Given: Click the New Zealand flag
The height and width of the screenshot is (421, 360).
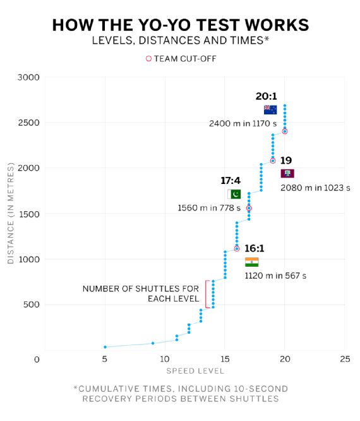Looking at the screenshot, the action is click(270, 110).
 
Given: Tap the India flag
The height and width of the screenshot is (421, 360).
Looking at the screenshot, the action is click(251, 262).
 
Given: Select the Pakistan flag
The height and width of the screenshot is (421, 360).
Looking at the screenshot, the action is click(234, 194).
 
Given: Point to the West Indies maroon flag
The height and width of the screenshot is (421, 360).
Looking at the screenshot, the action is click(287, 173).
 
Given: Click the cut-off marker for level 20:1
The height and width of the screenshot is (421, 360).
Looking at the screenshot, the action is click(285, 131).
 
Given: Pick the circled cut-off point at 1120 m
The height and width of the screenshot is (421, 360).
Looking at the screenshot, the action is click(237, 248).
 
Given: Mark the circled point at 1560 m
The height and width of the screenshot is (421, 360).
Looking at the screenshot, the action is click(249, 208).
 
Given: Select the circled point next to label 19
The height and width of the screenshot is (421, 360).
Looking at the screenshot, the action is click(273, 161).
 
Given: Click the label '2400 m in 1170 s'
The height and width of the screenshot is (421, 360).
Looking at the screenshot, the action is click(243, 123).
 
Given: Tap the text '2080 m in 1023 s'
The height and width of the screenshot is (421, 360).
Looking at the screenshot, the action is click(315, 188).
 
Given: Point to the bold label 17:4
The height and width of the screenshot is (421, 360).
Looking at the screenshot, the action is click(231, 180).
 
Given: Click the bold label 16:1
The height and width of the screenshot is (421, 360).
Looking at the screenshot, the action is click(255, 248).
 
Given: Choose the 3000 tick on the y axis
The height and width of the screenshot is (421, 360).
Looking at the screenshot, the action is click(28, 77).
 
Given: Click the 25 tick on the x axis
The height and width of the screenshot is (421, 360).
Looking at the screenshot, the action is click(345, 359).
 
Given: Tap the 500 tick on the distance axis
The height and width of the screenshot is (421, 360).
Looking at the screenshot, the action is click(32, 305).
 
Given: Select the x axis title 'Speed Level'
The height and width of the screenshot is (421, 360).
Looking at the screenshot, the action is click(195, 371).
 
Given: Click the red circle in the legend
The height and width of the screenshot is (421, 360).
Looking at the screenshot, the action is click(148, 59).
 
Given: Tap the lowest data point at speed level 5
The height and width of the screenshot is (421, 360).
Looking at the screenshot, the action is click(105, 347).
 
